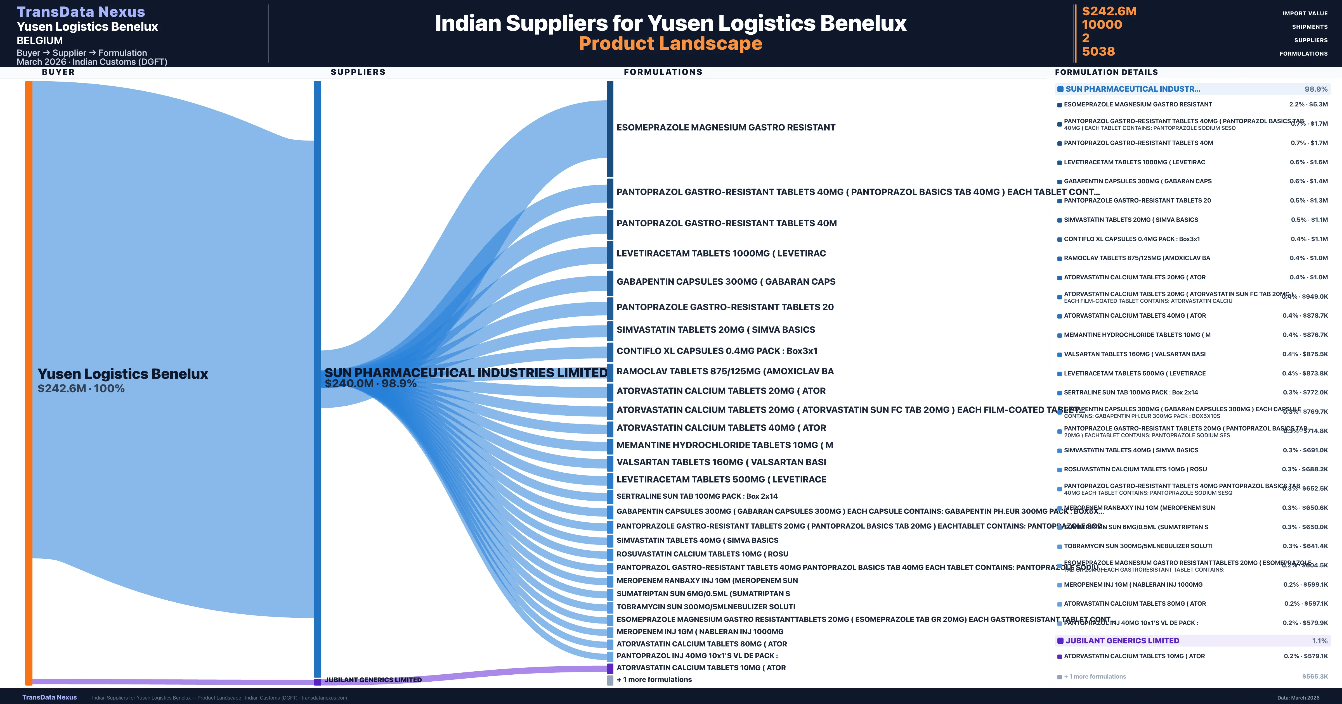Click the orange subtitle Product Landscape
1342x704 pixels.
[670, 44]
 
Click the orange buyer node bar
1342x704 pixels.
[29, 383]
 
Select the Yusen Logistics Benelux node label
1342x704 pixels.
[122, 374]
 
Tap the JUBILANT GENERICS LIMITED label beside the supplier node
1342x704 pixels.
[373, 679]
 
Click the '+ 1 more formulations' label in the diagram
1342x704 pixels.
[654, 679]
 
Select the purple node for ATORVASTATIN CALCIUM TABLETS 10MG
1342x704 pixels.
[610, 668]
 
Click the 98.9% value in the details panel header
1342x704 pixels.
[1315, 89]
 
